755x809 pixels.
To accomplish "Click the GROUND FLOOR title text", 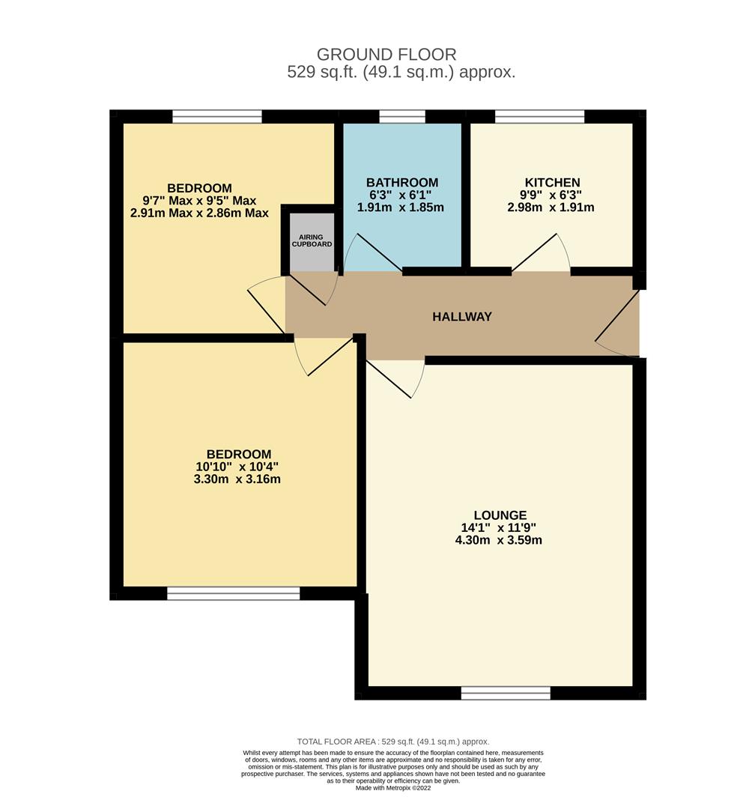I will coord(386,55).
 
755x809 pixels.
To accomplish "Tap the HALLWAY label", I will coord(462,317).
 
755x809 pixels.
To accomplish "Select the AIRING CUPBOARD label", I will coord(310,240).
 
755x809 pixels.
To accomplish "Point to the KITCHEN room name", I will coord(552,183).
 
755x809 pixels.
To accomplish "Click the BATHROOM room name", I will coord(402,183).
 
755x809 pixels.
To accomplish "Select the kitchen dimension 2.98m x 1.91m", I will coord(551,207).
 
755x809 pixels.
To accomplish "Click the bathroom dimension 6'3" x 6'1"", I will coord(402,195).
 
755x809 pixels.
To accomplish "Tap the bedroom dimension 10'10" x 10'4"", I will coord(238,467).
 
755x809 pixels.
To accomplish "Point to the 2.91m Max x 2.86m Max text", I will coord(199,213).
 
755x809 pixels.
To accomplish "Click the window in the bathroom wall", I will coord(402,116).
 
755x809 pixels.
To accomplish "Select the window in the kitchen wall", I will coord(539,116).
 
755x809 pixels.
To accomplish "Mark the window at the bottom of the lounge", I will coord(506,694).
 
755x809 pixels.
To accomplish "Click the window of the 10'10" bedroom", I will coord(233,593).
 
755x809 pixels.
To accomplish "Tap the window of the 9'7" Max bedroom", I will coord(217,116).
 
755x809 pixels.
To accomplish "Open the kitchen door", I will coord(541,255).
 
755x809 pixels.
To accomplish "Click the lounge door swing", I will coord(395,378).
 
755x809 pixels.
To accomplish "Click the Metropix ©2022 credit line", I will coord(393,788).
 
